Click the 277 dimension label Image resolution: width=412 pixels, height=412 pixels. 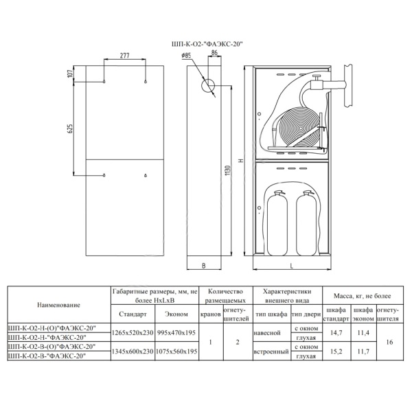coord(125,56)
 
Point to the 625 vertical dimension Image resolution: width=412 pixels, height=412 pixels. coord(70,128)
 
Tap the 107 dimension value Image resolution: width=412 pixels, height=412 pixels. coord(70,73)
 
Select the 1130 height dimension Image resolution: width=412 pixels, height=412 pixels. coord(227,170)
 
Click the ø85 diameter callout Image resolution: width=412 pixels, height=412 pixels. coord(186,56)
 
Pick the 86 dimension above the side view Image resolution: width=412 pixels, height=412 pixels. coord(214,53)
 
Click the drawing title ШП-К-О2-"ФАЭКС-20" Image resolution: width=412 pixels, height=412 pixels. coord(206,45)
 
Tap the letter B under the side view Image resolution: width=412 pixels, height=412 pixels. coord(204,266)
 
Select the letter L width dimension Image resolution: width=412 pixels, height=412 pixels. coord(291,266)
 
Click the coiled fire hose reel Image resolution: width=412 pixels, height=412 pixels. coord(299,128)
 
